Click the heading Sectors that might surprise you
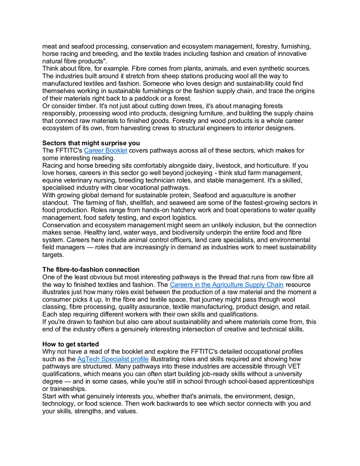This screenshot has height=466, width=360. click(x=91, y=143)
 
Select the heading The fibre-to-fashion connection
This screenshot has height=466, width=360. click(x=91, y=270)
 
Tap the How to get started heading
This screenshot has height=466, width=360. click(x=71, y=344)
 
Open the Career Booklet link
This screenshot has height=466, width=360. click(x=105, y=150)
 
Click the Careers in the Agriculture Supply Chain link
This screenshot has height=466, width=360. click(x=226, y=285)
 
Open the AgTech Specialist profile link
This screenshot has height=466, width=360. click(x=113, y=359)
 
